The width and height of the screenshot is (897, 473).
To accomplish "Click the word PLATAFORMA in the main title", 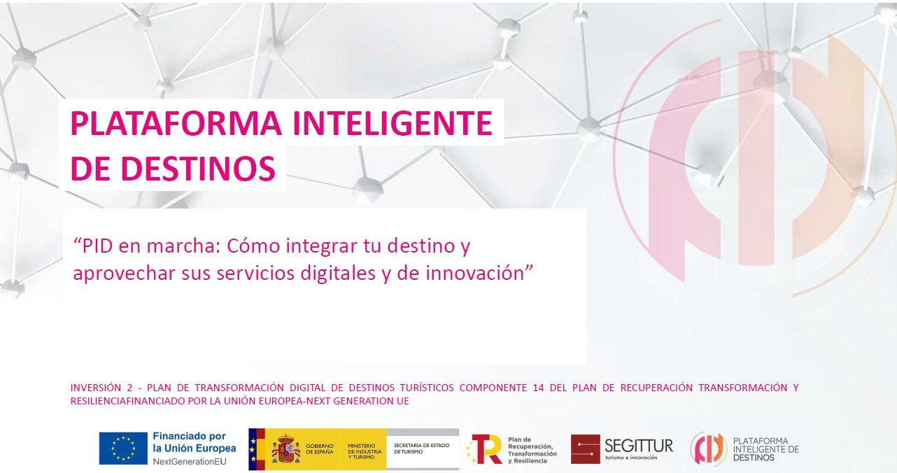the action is (x=176, y=123).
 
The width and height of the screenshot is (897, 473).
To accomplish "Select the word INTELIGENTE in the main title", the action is (x=393, y=123).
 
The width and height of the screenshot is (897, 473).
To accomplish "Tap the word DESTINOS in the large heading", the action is (x=198, y=168).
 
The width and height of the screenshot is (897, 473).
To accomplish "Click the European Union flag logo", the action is (x=123, y=449).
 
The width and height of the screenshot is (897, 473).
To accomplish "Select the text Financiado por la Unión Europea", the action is (x=195, y=442).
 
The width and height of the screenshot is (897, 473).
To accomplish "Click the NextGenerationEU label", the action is (x=190, y=461).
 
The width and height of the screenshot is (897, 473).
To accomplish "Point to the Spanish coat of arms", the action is (x=286, y=449).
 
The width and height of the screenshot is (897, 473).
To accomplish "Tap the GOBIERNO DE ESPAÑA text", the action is (x=320, y=449).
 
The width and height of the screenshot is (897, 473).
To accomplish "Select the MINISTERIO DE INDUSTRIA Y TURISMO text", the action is (x=365, y=451).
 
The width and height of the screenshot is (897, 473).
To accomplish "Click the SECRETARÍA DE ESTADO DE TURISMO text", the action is (x=422, y=449).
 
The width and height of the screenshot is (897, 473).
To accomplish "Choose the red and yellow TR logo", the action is (x=485, y=449).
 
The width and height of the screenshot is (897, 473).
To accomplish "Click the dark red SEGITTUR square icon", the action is (x=586, y=449).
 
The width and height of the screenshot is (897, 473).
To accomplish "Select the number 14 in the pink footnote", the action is (x=539, y=388).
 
